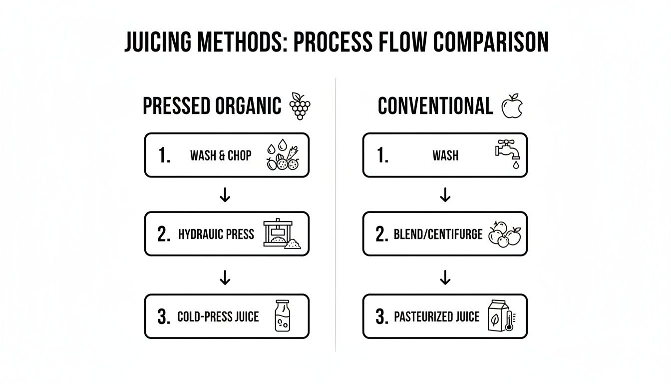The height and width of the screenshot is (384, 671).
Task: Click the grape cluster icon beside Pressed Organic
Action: pos(300,106)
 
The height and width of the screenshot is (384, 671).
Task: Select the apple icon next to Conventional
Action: pos(511,106)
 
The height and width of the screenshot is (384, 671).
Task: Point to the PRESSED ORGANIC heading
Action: pos(212,106)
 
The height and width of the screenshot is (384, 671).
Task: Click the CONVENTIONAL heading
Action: pos(435,106)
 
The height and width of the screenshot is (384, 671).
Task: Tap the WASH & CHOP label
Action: pos(221,155)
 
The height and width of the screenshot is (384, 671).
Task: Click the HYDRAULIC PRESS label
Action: pos(216,234)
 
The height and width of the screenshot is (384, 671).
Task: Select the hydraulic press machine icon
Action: pos(280,234)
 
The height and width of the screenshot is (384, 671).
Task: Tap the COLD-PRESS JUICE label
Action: pos(218,316)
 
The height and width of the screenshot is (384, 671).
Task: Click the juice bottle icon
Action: pos(283,316)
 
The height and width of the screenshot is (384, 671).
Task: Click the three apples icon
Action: pos(504,234)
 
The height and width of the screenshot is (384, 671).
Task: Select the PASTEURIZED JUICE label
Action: pos(436,316)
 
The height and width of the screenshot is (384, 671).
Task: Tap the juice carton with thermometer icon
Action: pos(501,316)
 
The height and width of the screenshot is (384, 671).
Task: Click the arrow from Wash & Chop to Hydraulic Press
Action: pos(225,195)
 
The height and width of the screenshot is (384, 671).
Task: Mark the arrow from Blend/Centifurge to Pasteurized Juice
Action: pos(445,277)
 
